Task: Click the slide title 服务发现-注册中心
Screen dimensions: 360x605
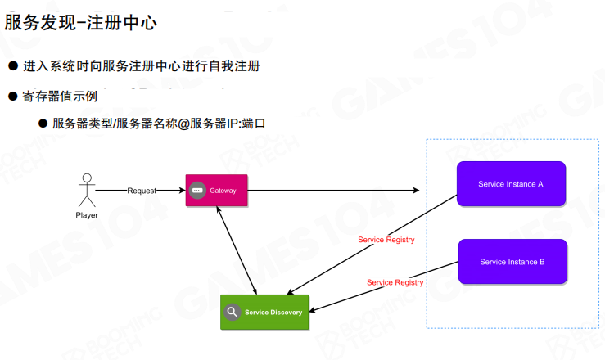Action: (81, 22)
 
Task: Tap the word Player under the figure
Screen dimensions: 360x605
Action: (86, 215)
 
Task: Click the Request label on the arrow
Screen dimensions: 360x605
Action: (142, 191)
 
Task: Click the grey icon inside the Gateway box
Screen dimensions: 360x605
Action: (196, 191)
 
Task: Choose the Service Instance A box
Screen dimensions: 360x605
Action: (511, 184)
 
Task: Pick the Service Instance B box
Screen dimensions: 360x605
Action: (512, 262)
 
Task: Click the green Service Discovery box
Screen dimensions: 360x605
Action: (264, 312)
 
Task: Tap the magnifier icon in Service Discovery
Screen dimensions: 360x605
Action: (233, 312)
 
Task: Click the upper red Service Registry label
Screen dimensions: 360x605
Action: (386, 240)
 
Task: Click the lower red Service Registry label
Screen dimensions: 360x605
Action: (395, 282)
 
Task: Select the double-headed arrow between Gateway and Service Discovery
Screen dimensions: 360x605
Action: (238, 250)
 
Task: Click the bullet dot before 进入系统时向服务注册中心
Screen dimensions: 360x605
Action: (13, 65)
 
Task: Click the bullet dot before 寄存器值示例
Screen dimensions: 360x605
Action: (13, 96)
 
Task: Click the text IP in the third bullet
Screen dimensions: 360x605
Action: (233, 124)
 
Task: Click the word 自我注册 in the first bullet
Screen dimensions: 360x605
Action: (234, 65)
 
